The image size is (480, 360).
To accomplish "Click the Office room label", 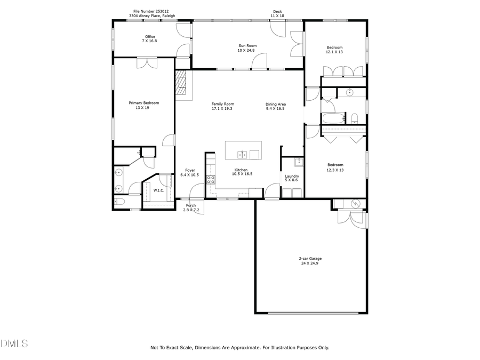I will (135, 37).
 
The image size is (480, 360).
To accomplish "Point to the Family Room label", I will (222, 104).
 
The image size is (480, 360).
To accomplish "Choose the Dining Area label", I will (276, 104).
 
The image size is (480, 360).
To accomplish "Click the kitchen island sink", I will (243, 155).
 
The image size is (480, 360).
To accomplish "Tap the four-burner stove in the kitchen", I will (211, 180).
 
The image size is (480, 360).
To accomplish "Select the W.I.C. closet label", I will (159, 190).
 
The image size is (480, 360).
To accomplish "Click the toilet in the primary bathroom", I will (119, 202).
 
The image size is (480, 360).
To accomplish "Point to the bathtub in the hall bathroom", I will (334, 118).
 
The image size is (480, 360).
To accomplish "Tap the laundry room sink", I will (299, 161).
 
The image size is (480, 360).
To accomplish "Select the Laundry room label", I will (292, 176).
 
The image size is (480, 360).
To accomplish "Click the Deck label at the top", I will (277, 11).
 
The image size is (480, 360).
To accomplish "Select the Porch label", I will (190, 205).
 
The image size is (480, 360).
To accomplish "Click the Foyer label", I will (189, 170).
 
